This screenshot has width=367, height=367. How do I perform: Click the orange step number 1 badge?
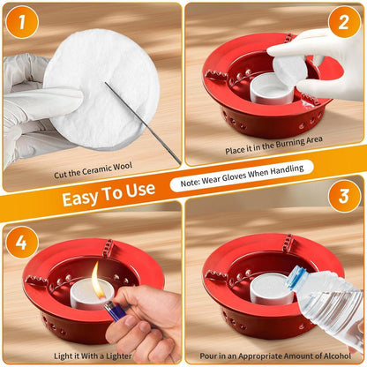(x=22, y=22)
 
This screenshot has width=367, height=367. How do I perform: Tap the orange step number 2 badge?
(x=344, y=22)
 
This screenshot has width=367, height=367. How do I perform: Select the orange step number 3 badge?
(x=344, y=196)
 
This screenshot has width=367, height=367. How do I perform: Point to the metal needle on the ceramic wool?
(x=143, y=123)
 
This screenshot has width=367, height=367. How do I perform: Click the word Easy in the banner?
(x=79, y=198)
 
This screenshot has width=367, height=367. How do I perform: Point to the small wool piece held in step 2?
(x=289, y=70)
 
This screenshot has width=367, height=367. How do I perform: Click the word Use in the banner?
(x=140, y=190)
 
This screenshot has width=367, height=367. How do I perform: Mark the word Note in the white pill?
(x=190, y=183)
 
